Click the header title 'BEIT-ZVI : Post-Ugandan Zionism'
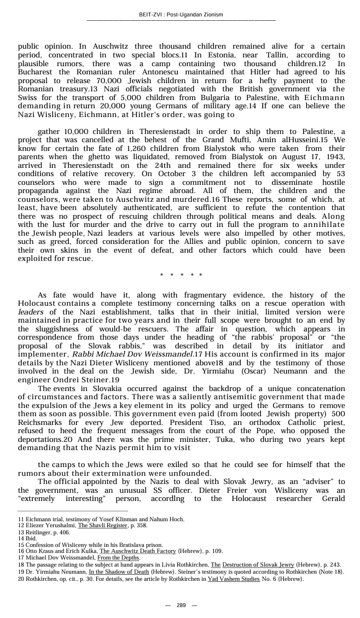(180, 14)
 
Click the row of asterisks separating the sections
(181, 275)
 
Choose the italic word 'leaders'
(31, 312)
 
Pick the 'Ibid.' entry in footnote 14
(27, 538)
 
